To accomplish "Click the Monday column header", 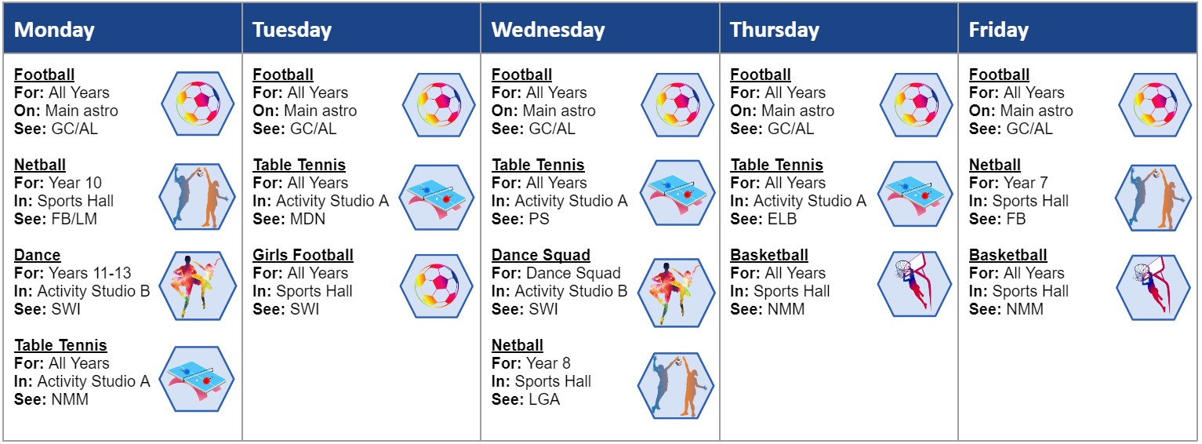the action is point(54,30).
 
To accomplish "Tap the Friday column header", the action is point(999,30).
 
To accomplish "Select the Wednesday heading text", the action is point(548,30).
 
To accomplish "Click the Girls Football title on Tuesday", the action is point(303,255).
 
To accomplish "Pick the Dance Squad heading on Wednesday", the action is point(541,255).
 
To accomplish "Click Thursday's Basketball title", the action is point(769,255).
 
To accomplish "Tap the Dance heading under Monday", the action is point(37,255).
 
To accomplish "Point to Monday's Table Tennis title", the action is point(60,345).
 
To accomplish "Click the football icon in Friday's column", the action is point(1155,104).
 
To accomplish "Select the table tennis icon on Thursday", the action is point(916,195).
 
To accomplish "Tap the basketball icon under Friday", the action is point(1153,288).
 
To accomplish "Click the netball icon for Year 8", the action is point(676,385).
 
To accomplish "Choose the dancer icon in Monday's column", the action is point(198,286).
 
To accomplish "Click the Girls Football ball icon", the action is point(437,286).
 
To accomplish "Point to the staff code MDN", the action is point(308,219).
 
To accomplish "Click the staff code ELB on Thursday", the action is point(782,219).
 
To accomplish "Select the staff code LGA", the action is point(544,399).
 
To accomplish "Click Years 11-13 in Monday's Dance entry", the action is point(90,273).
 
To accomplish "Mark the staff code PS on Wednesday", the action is point(539,219).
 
